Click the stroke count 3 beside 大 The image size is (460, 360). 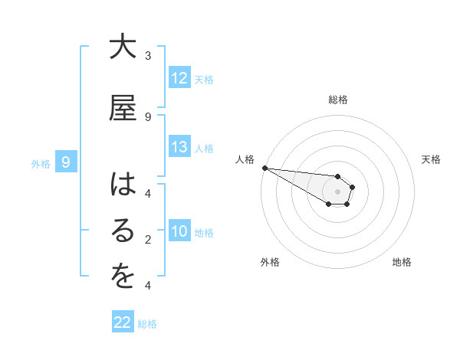point(148,56)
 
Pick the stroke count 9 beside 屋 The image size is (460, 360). point(148,116)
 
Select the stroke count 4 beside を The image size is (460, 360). point(148,286)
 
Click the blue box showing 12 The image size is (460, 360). point(179,78)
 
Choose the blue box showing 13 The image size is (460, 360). point(179,147)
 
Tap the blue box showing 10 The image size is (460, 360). point(179,231)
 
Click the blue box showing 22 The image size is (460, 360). point(123,322)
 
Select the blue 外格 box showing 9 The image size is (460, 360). point(67,162)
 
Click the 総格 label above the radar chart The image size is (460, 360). point(338,100)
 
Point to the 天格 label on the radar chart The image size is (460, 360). point(432,159)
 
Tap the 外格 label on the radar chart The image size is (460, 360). point(270,263)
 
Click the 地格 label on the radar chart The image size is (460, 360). point(402,263)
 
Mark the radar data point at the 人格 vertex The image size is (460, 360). point(264,168)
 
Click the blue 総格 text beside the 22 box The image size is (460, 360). point(147,324)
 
